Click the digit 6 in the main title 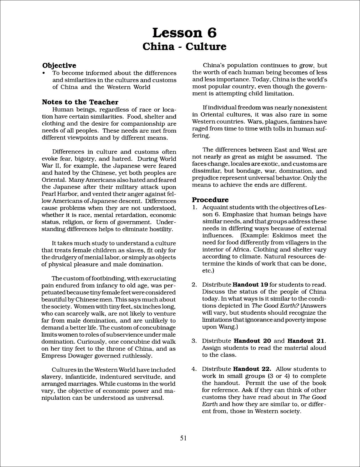point(212,33)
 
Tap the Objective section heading point(59,65)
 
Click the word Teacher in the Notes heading point(104,102)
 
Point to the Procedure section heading point(210,200)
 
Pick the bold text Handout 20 point(252,341)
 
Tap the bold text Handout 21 point(306,341)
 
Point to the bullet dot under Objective point(44,73)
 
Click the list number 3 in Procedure point(194,341)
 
